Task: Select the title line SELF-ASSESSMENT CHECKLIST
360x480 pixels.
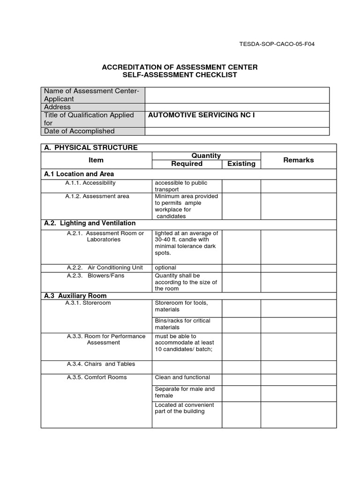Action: coord(180,75)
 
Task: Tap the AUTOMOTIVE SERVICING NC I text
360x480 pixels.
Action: coord(202,115)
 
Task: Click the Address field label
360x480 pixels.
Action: coord(57,107)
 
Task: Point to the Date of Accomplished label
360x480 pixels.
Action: coord(79,131)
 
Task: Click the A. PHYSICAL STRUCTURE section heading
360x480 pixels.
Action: coord(91,148)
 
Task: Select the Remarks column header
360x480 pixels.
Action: coord(299,160)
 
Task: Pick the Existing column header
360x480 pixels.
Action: coord(241,164)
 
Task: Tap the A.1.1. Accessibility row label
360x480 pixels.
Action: coord(90,183)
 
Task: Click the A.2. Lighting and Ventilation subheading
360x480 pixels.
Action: coord(90,223)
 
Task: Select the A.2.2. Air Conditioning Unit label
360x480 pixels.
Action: coord(105,268)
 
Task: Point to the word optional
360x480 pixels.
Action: coord(165,268)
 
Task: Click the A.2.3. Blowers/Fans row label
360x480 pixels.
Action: coord(96,276)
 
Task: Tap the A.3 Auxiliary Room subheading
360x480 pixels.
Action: coord(75,296)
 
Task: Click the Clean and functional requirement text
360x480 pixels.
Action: coord(182,377)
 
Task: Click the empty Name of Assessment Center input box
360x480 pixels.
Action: coord(237,95)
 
